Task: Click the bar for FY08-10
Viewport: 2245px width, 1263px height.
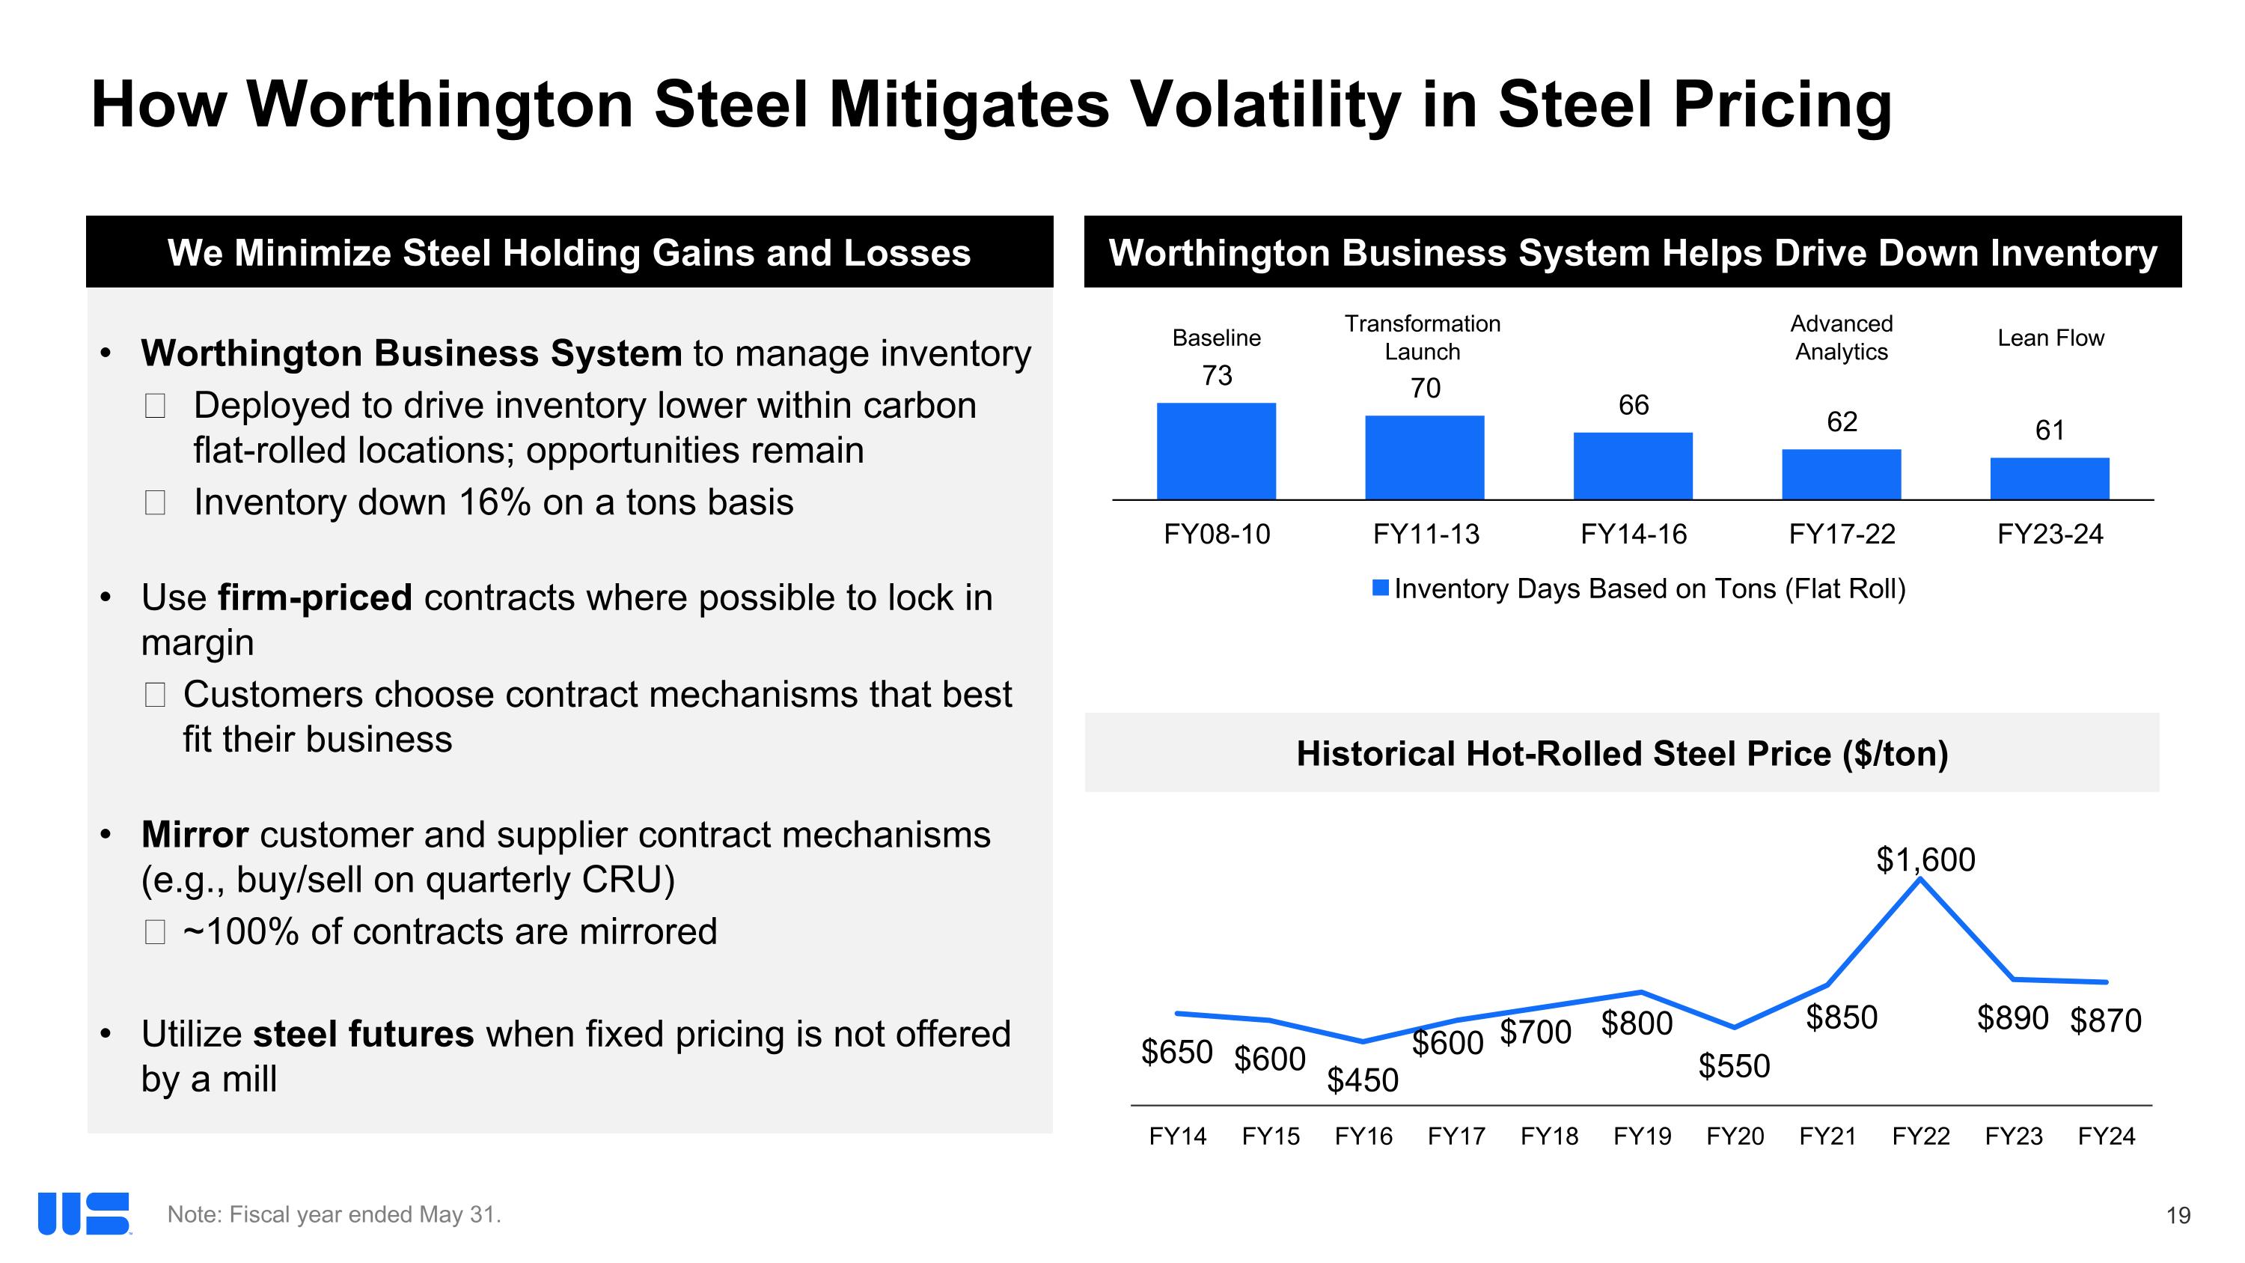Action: [1216, 451]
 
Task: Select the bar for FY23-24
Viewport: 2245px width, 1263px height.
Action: [2049, 478]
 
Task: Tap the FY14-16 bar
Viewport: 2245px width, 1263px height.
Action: [1632, 466]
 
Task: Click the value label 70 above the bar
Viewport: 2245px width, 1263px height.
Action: [1425, 388]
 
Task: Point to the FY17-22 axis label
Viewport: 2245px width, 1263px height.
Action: [1842, 534]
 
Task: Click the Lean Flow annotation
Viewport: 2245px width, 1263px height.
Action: [2050, 338]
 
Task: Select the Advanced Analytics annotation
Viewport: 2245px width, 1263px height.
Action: [1842, 338]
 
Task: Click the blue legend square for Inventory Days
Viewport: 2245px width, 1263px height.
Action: [1381, 588]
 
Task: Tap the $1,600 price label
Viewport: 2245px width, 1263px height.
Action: [1925, 860]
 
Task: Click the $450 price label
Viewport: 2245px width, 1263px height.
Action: [1362, 1081]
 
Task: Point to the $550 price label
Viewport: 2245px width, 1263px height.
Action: [1735, 1066]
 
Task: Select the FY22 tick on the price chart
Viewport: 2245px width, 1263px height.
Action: [1921, 1136]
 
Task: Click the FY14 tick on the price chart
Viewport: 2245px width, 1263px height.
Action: [1177, 1136]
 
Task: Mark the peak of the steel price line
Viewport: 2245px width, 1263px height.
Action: [1921, 880]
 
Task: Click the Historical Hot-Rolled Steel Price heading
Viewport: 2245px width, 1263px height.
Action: [1622, 753]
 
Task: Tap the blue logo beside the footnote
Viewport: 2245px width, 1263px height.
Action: [84, 1214]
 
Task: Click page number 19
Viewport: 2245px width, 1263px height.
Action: [2178, 1216]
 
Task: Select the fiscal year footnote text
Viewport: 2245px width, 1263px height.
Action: [334, 1215]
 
